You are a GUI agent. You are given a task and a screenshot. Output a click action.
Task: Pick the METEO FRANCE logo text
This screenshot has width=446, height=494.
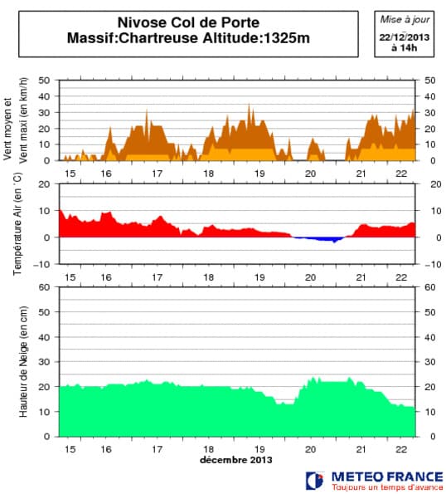(x=381, y=477)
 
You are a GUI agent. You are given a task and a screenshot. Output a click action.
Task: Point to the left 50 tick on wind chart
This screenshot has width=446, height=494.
(x=44, y=81)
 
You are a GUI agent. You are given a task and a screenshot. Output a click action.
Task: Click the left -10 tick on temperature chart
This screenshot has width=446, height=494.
(x=41, y=264)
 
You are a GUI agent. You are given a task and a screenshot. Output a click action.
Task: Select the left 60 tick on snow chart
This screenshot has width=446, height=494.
(x=44, y=287)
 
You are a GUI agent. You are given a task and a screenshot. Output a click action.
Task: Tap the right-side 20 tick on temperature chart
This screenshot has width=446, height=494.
(x=429, y=184)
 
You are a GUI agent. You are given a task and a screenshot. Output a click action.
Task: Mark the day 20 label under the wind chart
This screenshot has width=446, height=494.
(x=311, y=173)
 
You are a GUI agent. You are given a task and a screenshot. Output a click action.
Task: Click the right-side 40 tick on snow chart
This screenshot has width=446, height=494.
(x=429, y=337)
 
